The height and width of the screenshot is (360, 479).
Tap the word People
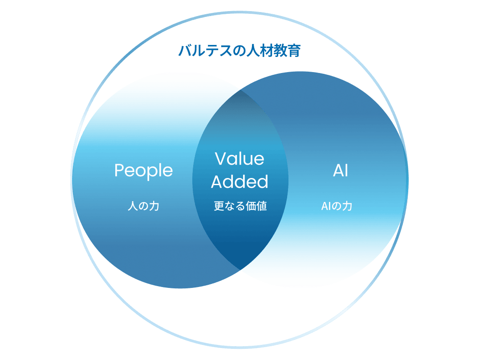click(x=143, y=171)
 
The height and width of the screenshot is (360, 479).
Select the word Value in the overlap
click(x=239, y=159)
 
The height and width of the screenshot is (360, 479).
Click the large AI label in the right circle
click(x=341, y=171)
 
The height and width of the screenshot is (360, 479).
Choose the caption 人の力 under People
click(x=143, y=206)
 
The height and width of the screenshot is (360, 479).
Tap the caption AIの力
click(x=337, y=206)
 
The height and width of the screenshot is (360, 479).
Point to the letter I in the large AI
click(x=346, y=171)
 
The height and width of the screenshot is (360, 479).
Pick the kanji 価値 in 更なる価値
click(x=257, y=206)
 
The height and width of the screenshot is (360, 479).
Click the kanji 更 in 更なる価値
click(x=218, y=206)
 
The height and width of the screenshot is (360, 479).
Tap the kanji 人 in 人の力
click(x=132, y=206)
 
